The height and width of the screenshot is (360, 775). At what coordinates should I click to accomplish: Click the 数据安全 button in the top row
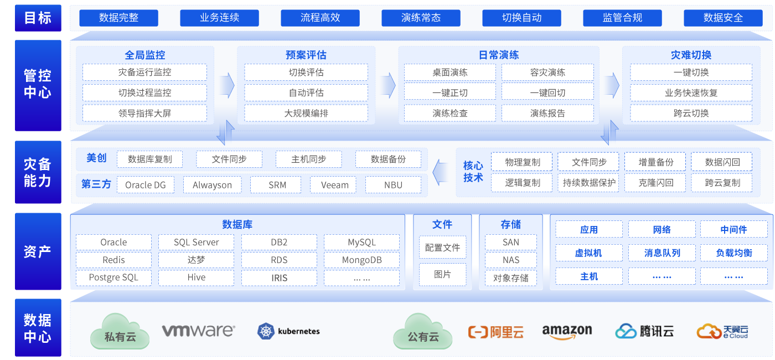[x=723, y=18]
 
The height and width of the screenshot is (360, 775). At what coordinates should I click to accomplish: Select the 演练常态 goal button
[x=421, y=18]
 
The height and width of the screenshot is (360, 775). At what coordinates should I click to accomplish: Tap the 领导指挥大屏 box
[x=144, y=113]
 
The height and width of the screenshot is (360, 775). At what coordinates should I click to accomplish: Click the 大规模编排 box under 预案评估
[x=306, y=113]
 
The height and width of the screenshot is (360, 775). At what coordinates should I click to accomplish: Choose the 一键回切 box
[x=547, y=92]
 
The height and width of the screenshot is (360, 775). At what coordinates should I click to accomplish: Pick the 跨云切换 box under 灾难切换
[x=691, y=113]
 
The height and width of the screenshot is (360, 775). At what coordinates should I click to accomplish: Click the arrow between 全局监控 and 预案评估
[x=227, y=85]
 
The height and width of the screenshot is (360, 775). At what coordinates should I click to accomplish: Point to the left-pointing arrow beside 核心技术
[x=441, y=172]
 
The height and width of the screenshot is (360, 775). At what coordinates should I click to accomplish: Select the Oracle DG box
[x=146, y=185]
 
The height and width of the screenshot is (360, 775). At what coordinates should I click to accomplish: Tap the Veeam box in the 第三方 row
[x=335, y=185]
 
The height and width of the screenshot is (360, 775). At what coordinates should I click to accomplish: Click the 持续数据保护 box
[x=589, y=182]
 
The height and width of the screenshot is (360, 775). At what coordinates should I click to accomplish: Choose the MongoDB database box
[x=361, y=260]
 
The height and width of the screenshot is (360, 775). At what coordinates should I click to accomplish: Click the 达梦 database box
[x=196, y=260]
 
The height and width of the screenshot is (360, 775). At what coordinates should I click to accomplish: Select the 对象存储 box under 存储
[x=510, y=277]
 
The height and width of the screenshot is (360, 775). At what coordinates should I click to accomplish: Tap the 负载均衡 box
[x=733, y=253]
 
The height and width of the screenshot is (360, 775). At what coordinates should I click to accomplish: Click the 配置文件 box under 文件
[x=442, y=248]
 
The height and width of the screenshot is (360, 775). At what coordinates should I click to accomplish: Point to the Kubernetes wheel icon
[x=266, y=331]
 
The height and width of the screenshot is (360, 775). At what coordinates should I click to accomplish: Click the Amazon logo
[x=567, y=331]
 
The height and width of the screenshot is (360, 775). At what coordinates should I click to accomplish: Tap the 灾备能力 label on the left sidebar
[x=38, y=172]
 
